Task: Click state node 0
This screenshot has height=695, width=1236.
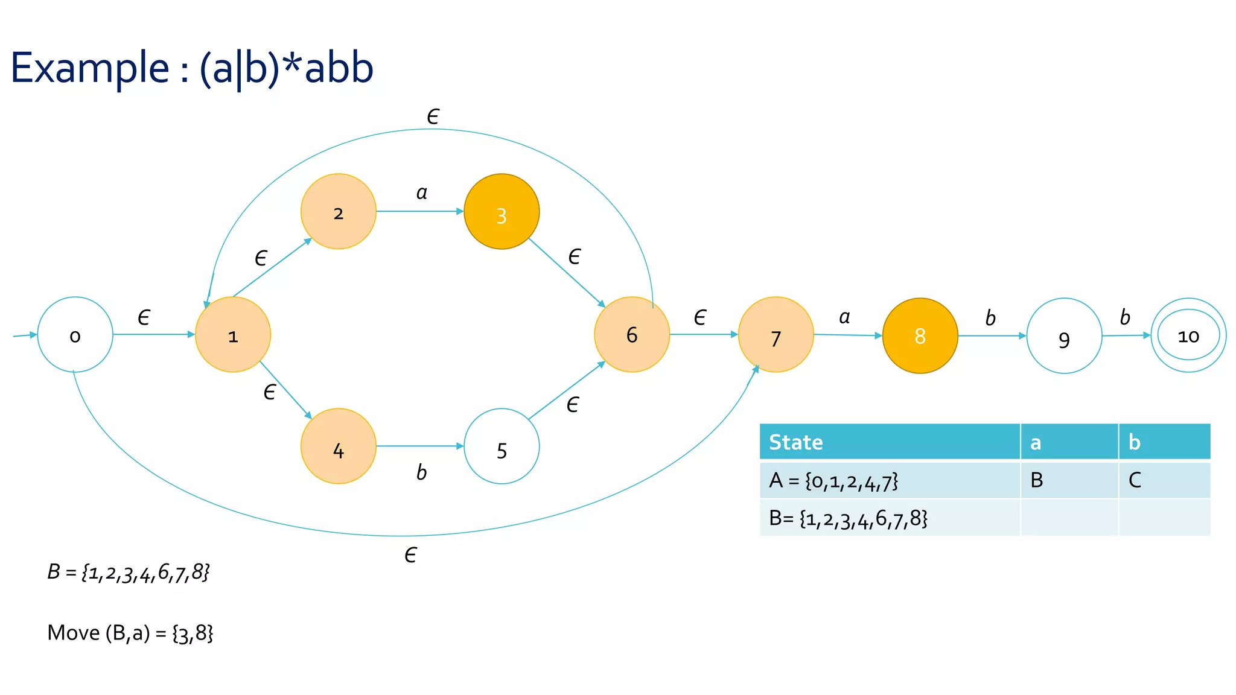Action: pos(75,335)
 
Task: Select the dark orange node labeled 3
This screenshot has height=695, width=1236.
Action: pos(502,212)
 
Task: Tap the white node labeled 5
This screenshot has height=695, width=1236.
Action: pos(502,446)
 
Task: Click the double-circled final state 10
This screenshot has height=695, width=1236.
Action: pos(1188,335)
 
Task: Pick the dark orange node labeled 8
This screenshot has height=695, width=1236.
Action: pos(920,335)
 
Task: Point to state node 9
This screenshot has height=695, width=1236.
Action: pos(1064,336)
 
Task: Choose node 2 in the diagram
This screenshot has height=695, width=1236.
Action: pos(339,212)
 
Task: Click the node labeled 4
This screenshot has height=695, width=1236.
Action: pos(339,446)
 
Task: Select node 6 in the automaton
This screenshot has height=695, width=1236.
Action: pos(632,334)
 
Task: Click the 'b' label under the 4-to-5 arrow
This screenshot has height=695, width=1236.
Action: pos(421,472)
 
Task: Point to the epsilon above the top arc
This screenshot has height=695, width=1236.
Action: pos(433,116)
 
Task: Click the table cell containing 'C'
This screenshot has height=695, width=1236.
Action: pos(1164,480)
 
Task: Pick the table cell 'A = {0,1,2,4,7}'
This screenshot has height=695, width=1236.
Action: pos(889,480)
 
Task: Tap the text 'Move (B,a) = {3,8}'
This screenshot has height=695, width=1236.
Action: pos(130,633)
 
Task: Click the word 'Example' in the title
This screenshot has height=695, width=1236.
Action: pos(90,68)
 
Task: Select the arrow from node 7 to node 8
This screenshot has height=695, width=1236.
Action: pos(847,335)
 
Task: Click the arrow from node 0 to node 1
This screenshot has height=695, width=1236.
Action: pos(153,334)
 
